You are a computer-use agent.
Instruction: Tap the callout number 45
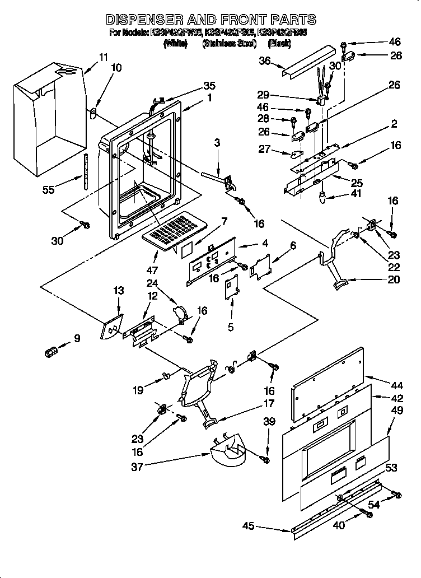pos(249,526)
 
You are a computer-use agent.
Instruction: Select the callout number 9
pos(77,338)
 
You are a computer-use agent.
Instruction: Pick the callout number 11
pos(103,57)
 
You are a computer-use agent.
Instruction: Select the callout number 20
pos(394,279)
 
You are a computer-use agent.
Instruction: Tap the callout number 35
pos(209,86)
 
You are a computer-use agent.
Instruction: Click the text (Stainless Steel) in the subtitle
pos(229,43)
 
